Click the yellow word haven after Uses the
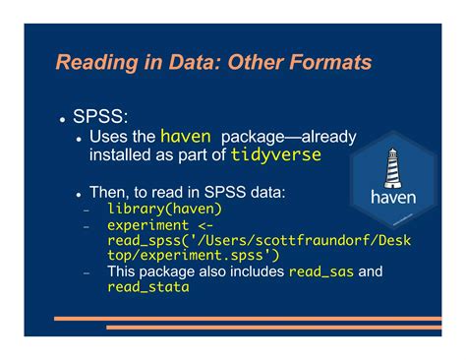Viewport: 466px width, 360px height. [x=186, y=137]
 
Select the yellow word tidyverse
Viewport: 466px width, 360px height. [x=276, y=155]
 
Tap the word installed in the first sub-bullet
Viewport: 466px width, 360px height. [x=122, y=155]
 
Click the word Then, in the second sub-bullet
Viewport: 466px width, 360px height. [x=110, y=192]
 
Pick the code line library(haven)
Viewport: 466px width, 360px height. [x=164, y=209]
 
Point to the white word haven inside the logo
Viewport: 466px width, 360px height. [x=392, y=197]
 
